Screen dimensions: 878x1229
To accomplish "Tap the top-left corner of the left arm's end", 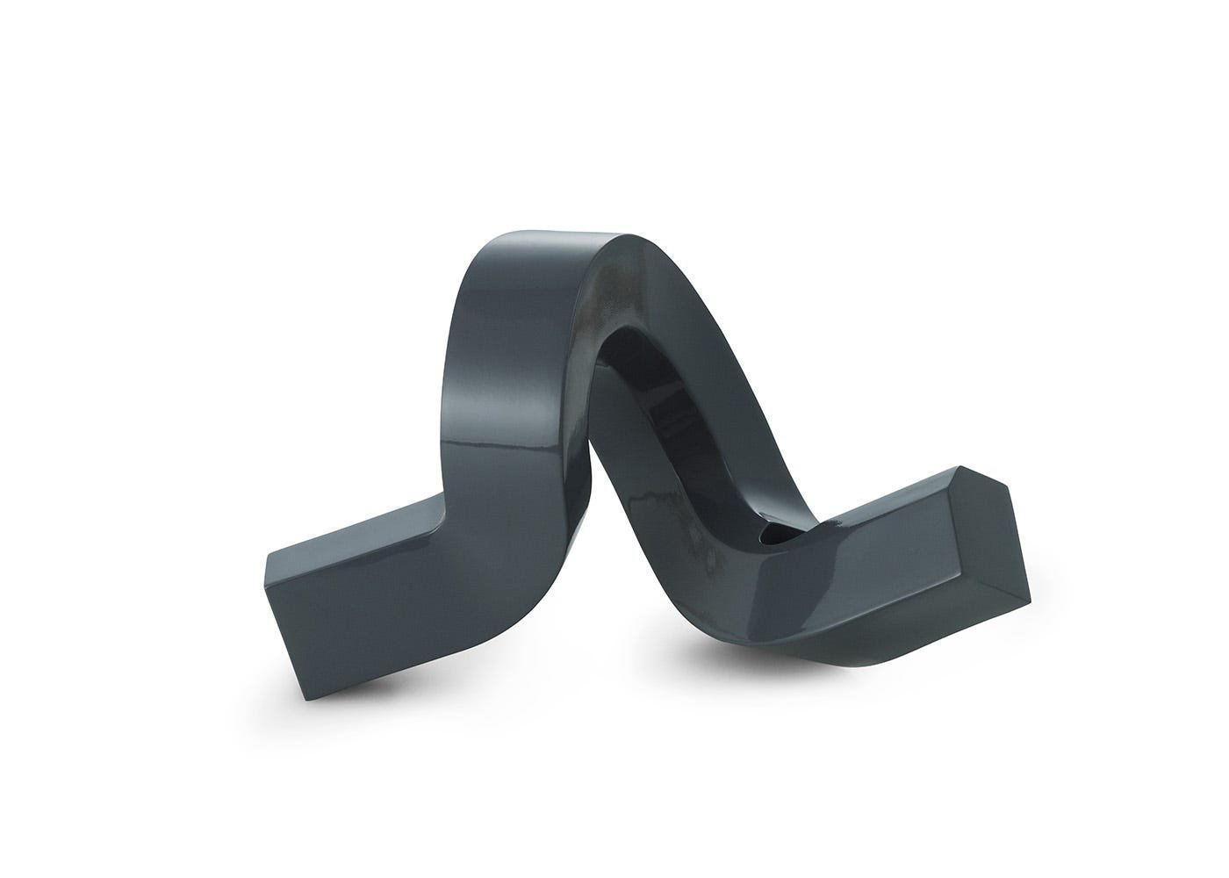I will coord(265,558).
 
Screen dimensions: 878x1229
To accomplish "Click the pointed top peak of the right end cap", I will coord(963,468).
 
